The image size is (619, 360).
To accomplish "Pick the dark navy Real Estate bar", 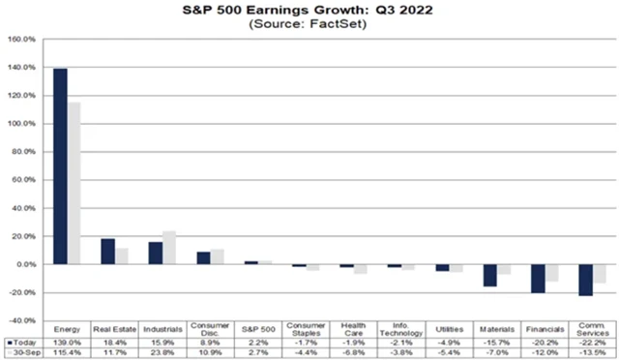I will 107,252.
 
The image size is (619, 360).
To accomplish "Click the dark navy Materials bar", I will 489,275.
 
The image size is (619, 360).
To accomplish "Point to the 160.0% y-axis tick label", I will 21,41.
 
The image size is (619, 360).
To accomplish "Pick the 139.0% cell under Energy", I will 67,343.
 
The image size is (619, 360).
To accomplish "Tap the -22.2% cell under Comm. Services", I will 588,343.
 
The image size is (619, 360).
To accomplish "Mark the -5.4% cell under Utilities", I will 446,353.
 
